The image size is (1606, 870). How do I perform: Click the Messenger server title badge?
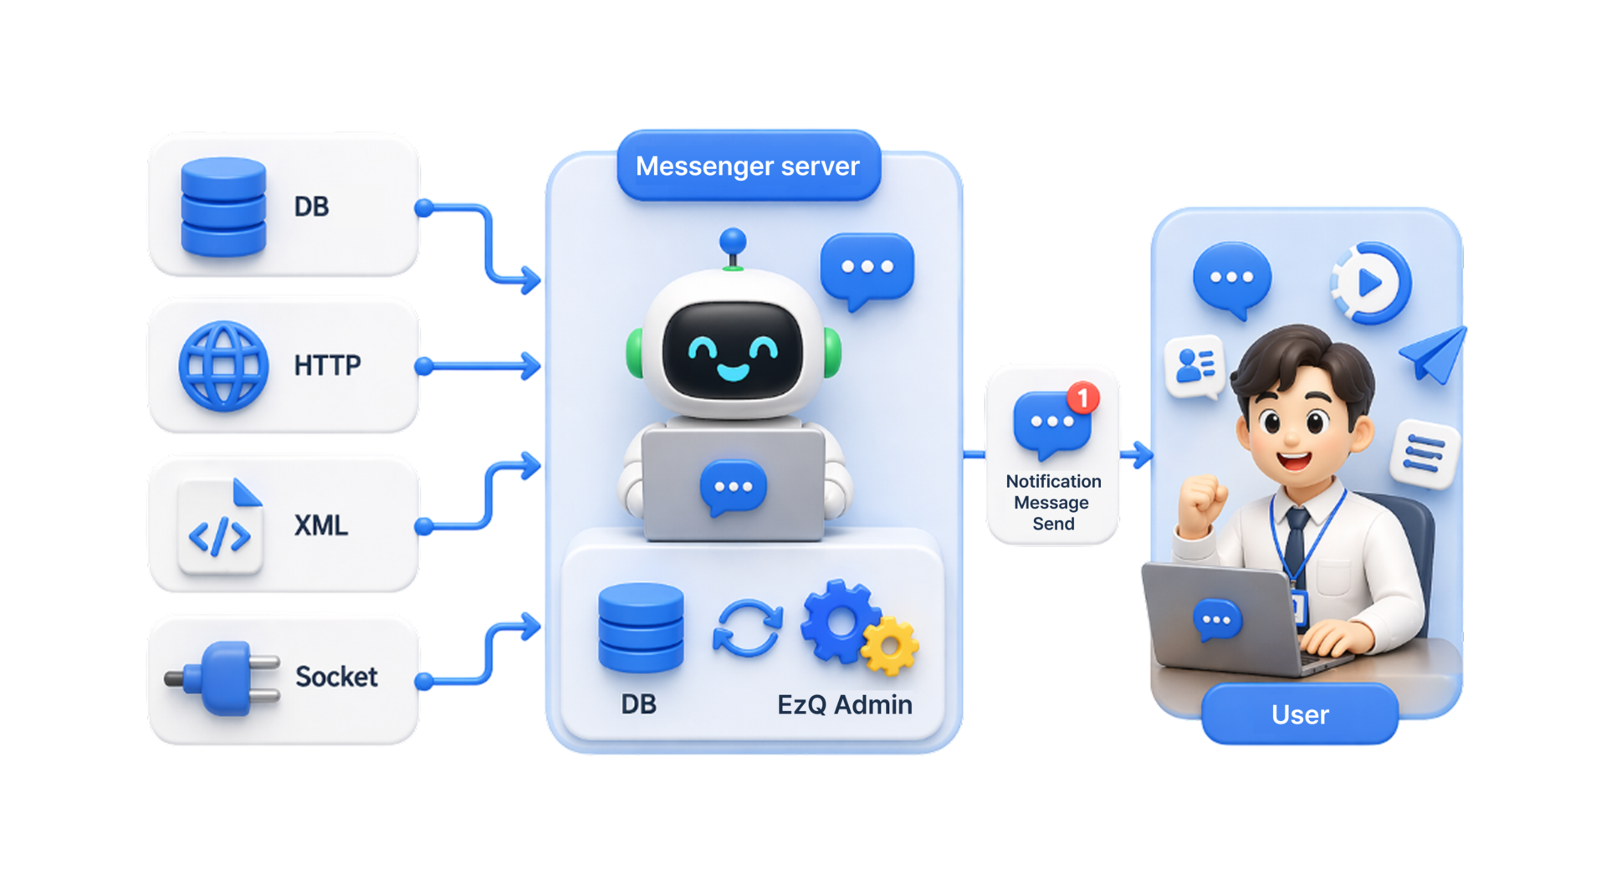click(x=749, y=166)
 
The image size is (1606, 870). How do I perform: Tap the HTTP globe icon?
click(x=223, y=366)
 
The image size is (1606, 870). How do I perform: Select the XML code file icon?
click(x=220, y=526)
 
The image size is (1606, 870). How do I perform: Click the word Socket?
click(x=336, y=676)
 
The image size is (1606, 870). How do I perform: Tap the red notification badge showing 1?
click(x=1083, y=397)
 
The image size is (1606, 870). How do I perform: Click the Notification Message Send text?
click(x=1053, y=502)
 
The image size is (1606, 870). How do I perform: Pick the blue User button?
click(x=1300, y=714)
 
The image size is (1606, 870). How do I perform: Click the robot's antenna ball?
click(x=733, y=241)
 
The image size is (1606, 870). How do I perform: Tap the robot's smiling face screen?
click(x=733, y=350)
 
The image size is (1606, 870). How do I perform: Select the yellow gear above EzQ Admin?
click(x=890, y=645)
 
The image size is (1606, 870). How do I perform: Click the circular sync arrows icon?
click(x=748, y=627)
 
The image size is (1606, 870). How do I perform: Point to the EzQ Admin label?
click(x=845, y=704)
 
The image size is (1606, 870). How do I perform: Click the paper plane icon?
click(x=1434, y=355)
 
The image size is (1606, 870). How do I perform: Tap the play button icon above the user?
click(x=1370, y=284)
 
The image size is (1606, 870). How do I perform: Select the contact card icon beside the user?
click(x=1195, y=366)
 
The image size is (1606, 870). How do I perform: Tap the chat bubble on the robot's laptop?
click(x=734, y=488)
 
